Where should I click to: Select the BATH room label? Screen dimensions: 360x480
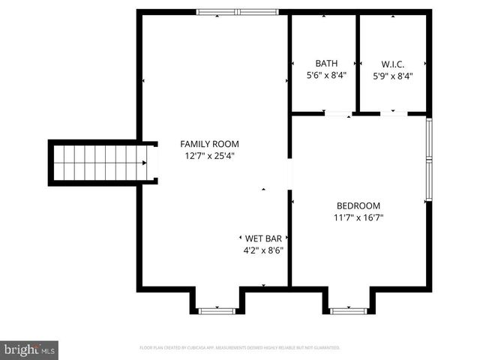coord(326,64)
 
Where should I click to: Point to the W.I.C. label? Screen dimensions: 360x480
coord(393,64)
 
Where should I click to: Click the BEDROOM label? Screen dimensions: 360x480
coord(358,205)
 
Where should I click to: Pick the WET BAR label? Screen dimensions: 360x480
coord(262,238)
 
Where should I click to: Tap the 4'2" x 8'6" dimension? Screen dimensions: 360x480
coord(262,251)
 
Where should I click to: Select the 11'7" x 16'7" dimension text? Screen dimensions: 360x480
coord(358,218)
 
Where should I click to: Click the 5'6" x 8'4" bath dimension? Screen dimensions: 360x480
coord(326,76)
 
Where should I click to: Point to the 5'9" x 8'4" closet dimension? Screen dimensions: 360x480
coord(393,76)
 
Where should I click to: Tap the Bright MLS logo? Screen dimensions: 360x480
coord(30,349)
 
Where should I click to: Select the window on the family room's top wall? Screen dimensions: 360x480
coord(237,12)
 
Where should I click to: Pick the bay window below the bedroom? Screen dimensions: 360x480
coord(348,309)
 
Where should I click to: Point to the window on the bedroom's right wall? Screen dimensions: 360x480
coord(428,159)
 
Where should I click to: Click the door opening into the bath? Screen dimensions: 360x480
coord(338,113)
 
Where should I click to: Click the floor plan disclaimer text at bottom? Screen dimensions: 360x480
coord(240,348)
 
